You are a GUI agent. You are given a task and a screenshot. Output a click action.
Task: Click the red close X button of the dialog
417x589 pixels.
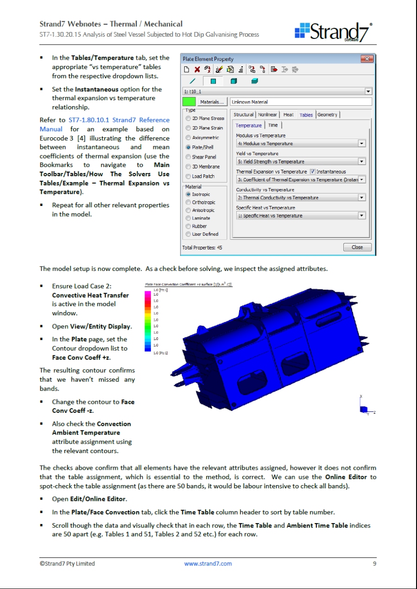tap(366, 59)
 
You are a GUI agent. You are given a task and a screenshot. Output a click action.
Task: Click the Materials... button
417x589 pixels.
tap(212, 102)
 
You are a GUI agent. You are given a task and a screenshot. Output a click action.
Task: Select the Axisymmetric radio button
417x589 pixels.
tap(188, 138)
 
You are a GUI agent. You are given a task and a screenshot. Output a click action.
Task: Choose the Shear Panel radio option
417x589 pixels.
tap(188, 157)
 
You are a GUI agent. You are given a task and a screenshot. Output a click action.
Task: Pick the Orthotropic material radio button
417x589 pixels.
tap(188, 203)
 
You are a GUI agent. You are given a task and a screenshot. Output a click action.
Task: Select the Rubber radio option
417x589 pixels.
tap(188, 226)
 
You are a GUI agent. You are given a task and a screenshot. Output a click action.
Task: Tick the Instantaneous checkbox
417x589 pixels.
tap(312, 172)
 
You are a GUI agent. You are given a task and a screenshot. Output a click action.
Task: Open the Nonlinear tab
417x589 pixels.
tap(267, 115)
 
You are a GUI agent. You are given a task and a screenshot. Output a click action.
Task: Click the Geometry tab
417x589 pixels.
tap(328, 115)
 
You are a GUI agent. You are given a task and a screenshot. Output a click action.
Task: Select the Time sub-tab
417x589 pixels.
tap(273, 125)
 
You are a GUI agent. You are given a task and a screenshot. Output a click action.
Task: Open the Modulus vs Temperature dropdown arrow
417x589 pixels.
tap(362, 144)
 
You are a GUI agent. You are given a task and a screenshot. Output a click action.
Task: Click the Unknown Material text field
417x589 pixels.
tap(301, 102)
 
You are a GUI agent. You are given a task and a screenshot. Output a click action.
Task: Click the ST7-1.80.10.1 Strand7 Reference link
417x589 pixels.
tap(119, 120)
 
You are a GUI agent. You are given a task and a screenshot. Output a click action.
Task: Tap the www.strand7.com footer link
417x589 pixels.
tap(208, 564)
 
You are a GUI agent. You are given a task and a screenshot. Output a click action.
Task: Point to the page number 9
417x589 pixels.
tap(374, 564)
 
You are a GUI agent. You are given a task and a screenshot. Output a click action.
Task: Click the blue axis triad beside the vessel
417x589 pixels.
tap(364, 409)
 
